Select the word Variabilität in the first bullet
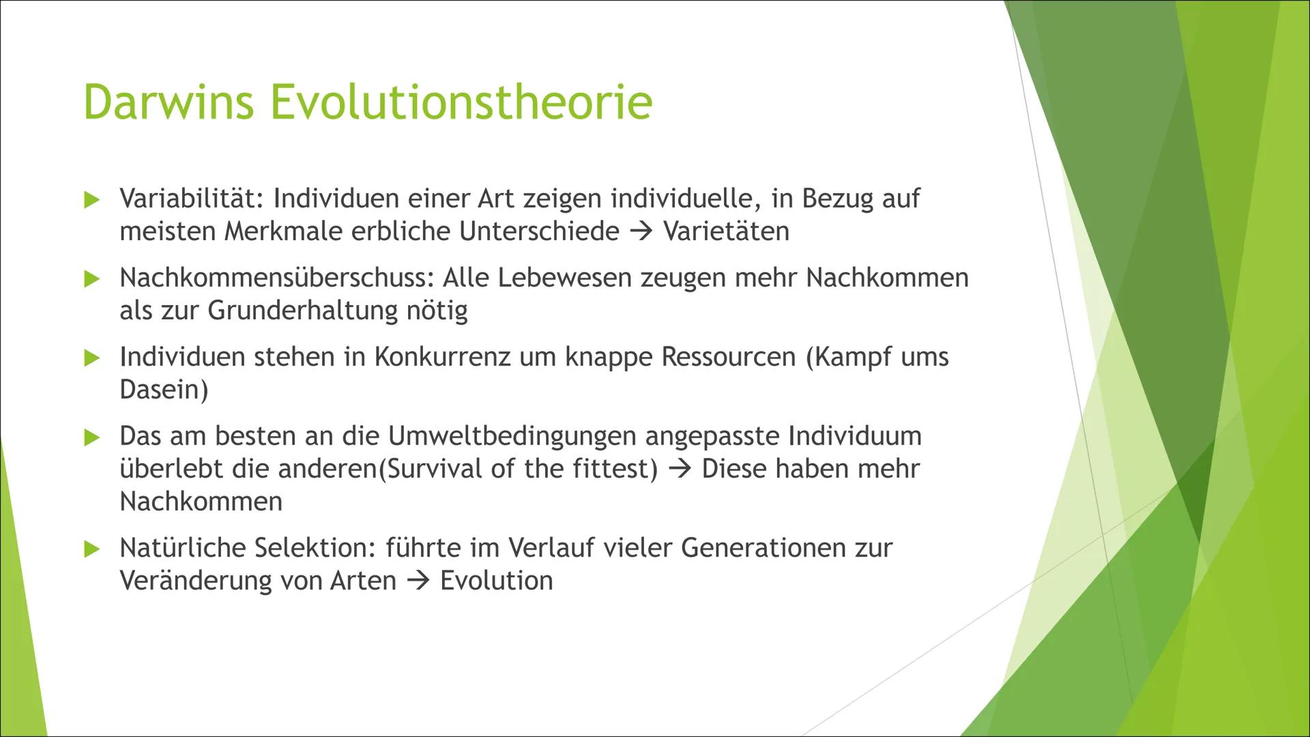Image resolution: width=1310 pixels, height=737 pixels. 192,199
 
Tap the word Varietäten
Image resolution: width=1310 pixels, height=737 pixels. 726,231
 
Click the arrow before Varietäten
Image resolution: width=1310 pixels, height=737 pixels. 641,232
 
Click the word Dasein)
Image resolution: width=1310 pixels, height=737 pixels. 164,390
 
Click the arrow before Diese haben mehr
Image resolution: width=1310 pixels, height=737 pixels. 680,469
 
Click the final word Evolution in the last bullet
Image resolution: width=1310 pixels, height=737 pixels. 496,581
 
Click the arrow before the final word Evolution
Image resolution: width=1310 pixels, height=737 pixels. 418,581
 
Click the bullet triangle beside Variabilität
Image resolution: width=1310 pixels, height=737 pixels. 92,200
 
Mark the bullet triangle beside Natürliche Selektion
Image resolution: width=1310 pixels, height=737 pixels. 92,549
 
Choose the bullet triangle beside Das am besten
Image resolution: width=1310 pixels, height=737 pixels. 92,437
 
